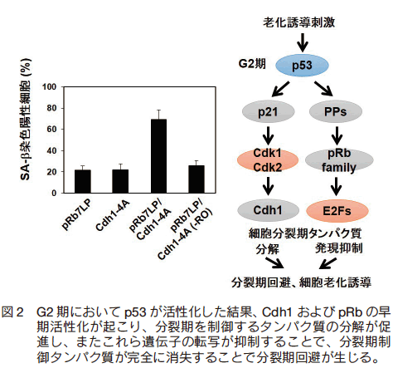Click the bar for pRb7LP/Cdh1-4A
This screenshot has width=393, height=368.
pyautogui.click(x=158, y=156)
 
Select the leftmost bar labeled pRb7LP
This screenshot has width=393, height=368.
pyautogui.click(x=83, y=181)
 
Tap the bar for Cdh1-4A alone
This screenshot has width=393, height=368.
pyautogui.click(x=120, y=181)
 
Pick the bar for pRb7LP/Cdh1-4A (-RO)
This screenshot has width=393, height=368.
pyautogui.click(x=196, y=179)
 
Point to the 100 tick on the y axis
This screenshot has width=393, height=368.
pyautogui.click(x=50, y=87)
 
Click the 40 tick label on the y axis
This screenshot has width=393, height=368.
pyautogui.click(x=51, y=150)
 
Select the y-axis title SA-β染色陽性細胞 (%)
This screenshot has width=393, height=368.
pyautogui.click(x=26, y=120)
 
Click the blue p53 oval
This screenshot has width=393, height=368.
pyautogui.click(x=302, y=66)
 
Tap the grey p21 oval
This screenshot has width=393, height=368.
pyautogui.click(x=268, y=111)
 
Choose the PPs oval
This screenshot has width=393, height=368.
pyautogui.click(x=336, y=111)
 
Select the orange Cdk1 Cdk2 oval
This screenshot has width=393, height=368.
pyautogui.click(x=268, y=160)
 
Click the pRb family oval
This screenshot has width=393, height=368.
pyautogui.click(x=339, y=160)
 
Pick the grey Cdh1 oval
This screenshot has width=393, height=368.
pyautogui.click(x=268, y=210)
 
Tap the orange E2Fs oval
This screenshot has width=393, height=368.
pyautogui.click(x=337, y=211)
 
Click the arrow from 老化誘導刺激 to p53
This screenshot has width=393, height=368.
pyautogui.click(x=303, y=42)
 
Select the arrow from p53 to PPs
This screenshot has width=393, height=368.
pyautogui.click(x=324, y=88)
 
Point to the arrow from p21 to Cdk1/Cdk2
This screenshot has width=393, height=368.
pyautogui.click(x=268, y=135)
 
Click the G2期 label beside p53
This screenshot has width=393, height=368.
pyautogui.click(x=252, y=64)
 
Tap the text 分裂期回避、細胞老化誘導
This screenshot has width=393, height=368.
pyautogui.click(x=301, y=282)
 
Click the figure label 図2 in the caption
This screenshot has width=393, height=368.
pyautogui.click(x=12, y=312)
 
